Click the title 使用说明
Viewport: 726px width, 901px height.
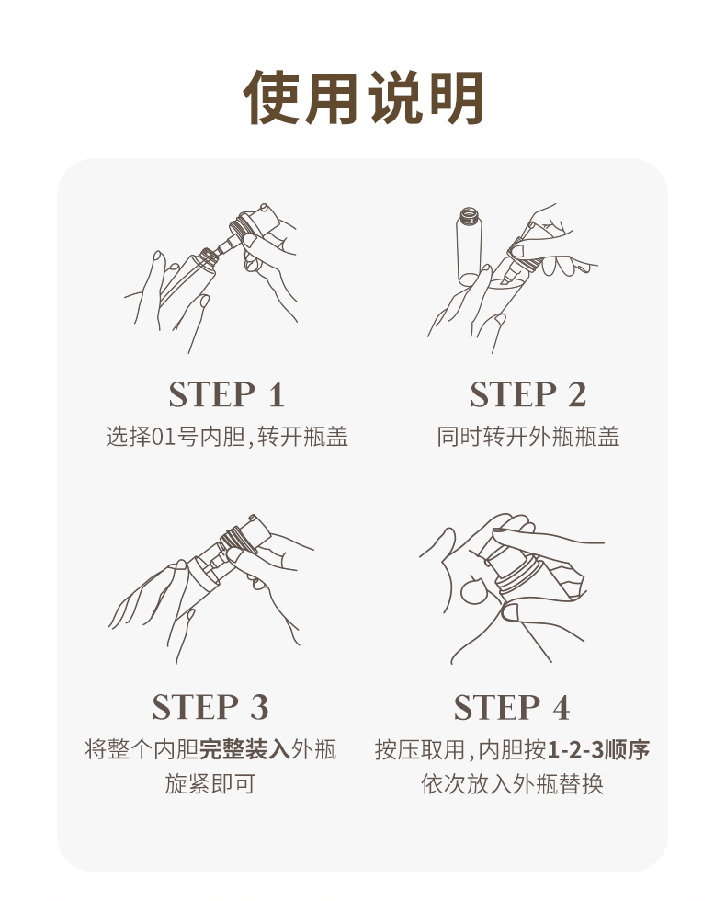pos(363,97)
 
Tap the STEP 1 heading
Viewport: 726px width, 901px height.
pos(227,394)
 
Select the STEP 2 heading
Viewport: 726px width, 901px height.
pos(528,394)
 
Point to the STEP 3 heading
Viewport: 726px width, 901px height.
pos(210,707)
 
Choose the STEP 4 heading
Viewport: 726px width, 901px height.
pos(512,707)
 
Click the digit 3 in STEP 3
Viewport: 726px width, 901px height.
pos(259,707)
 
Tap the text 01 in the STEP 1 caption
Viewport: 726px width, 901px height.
pos(164,438)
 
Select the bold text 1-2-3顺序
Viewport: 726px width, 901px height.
pos(598,750)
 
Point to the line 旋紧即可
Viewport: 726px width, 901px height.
pos(210,783)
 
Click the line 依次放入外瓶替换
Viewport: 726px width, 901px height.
pos(512,783)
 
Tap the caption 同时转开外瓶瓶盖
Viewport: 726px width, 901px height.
pos(528,437)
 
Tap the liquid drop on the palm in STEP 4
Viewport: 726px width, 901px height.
pos(473,590)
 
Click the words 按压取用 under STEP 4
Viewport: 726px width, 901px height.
pos(420,750)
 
